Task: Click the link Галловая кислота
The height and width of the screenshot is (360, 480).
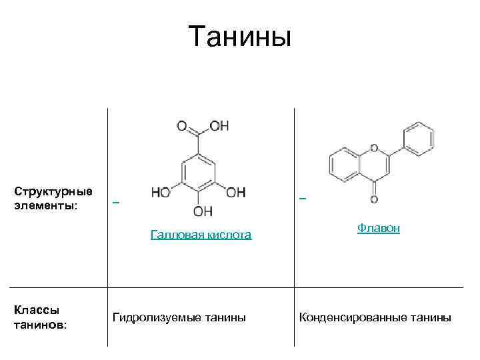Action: (201, 235)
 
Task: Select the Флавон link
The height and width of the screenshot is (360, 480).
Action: (378, 228)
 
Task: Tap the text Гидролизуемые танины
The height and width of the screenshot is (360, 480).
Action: (179, 317)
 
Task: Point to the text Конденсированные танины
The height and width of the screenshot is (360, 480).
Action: (375, 317)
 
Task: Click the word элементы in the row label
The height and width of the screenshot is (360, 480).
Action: (43, 205)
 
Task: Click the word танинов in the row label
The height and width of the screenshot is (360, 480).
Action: (39, 325)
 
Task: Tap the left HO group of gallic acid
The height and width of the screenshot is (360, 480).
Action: (161, 193)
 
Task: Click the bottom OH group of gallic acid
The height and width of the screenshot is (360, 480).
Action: (203, 212)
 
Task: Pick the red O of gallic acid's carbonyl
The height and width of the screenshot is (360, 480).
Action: (181, 126)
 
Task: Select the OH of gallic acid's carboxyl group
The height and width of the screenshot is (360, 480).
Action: (220, 126)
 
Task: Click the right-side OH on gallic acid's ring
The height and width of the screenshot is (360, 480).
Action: (236, 193)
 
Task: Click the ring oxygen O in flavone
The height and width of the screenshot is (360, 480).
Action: (373, 148)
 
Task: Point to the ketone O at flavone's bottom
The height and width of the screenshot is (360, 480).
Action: (373, 199)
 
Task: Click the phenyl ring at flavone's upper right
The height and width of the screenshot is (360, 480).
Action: (419, 138)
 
